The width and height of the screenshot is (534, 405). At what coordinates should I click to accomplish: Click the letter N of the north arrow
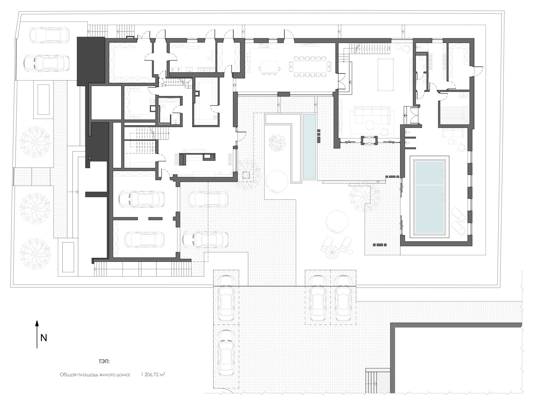click(x=44, y=338)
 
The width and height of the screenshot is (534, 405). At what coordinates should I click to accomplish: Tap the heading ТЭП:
click(x=104, y=362)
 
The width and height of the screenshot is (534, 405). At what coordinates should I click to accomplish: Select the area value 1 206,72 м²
click(x=153, y=375)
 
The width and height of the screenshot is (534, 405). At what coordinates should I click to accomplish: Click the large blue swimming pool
click(x=430, y=197)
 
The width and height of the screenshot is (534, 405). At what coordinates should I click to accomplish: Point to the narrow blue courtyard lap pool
click(x=309, y=146)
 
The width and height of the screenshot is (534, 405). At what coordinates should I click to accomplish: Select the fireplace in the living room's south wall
click(x=369, y=140)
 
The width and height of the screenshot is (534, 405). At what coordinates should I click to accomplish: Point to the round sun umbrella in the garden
click(x=332, y=253)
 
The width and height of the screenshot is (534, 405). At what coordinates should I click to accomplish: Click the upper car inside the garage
click(x=142, y=199)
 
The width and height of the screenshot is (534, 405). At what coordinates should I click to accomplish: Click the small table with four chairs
click(x=270, y=67)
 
